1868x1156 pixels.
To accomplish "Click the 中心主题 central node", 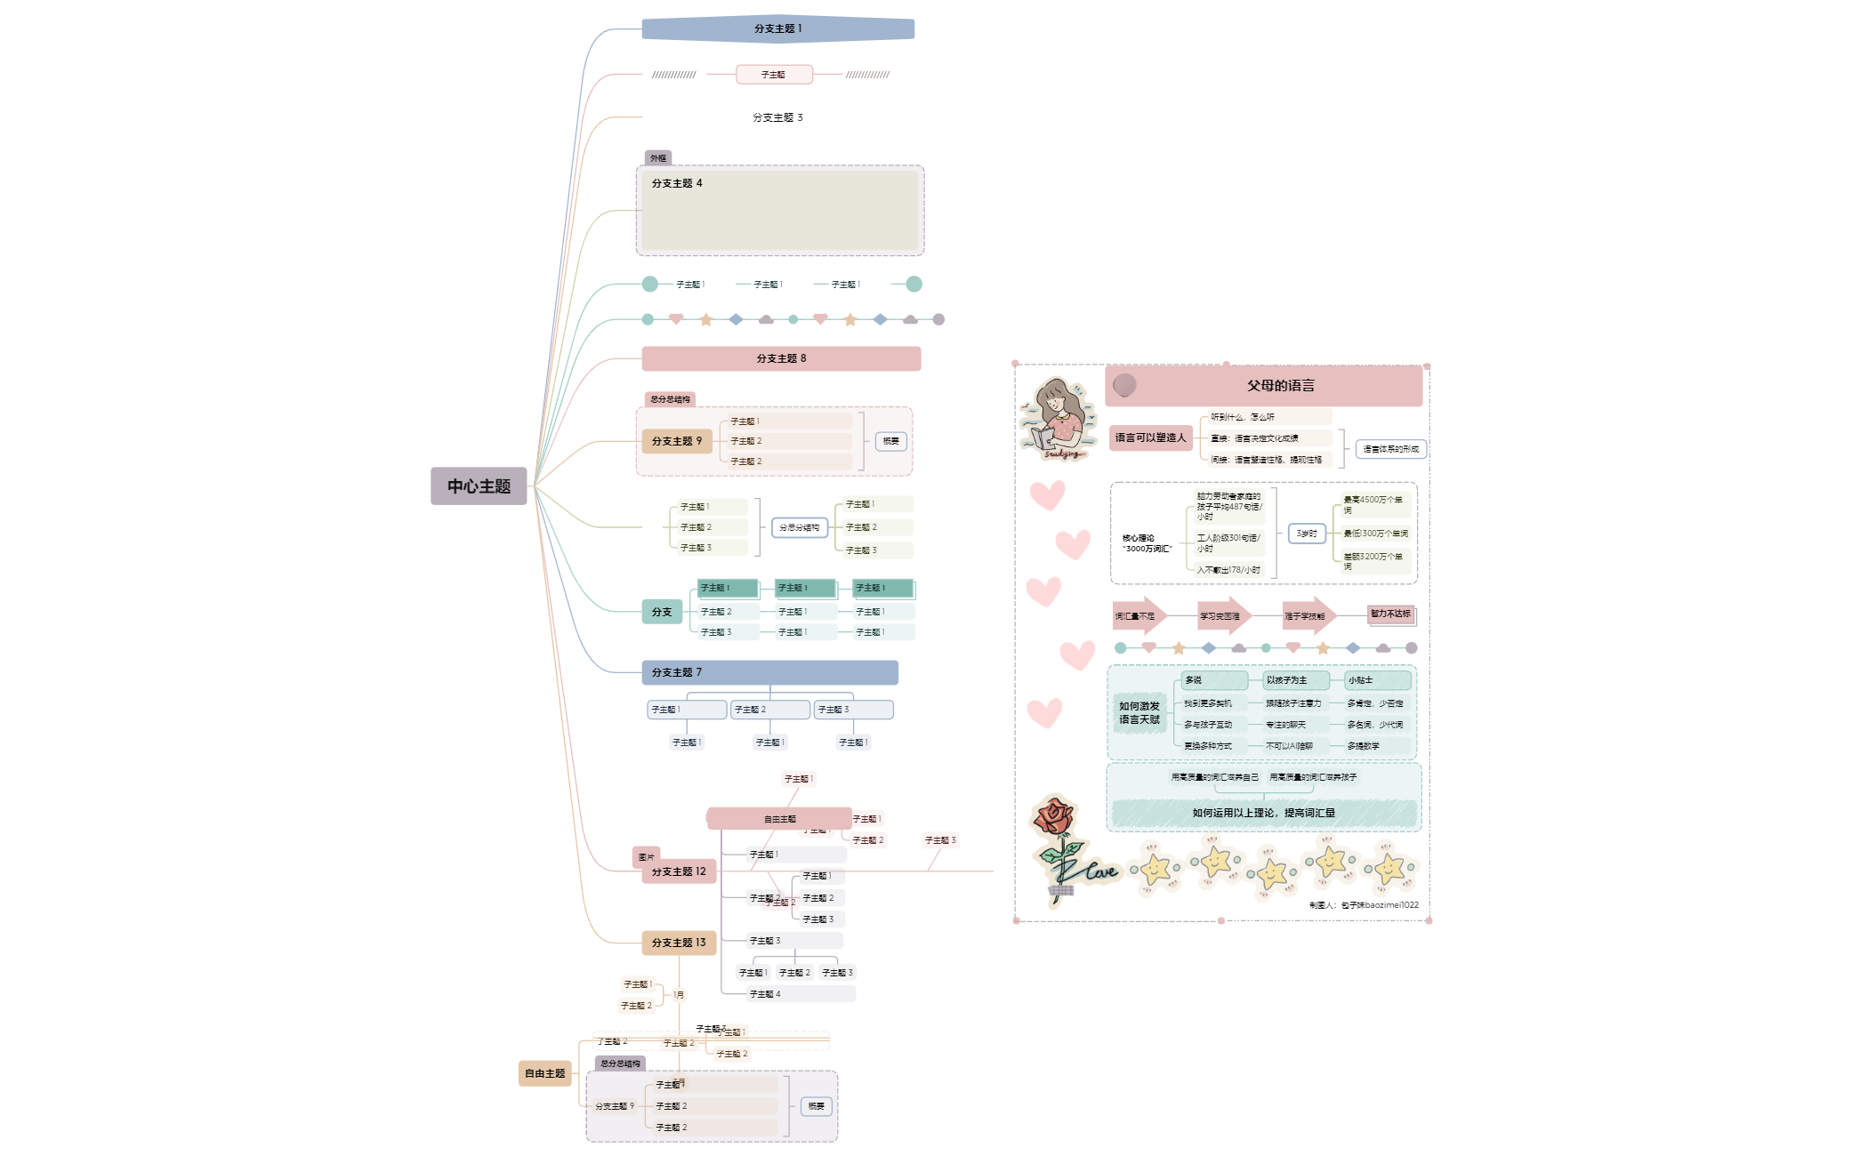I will click(x=479, y=486).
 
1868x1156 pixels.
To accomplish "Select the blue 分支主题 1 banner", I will click(x=777, y=29).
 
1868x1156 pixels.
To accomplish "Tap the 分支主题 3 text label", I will click(x=777, y=117).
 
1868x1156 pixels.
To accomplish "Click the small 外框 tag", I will click(x=658, y=158).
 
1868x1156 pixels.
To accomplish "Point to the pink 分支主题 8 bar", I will click(x=781, y=358).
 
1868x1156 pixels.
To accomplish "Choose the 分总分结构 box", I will click(x=799, y=527).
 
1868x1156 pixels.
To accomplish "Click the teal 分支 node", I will click(x=662, y=612).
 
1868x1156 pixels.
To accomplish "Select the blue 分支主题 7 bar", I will click(x=769, y=672).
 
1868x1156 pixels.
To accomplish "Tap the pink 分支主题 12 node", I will click(x=679, y=871).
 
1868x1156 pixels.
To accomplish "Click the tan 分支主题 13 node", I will click(x=679, y=943).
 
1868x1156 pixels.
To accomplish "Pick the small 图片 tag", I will click(x=647, y=857).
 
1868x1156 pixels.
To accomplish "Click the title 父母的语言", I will click(x=1280, y=386).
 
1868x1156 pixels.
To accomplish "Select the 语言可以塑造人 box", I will click(x=1150, y=438).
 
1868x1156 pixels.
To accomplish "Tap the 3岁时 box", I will click(x=1307, y=534).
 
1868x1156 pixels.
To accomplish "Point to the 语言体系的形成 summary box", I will click(x=1390, y=449).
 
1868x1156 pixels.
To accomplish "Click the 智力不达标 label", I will click(x=1390, y=614).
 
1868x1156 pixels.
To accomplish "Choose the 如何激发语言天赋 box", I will click(x=1139, y=713).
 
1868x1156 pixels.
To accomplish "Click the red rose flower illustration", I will click(x=1056, y=818).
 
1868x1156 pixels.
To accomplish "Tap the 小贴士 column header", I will click(x=1377, y=680).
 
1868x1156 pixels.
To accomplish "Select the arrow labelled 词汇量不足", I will click(x=1137, y=615).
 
